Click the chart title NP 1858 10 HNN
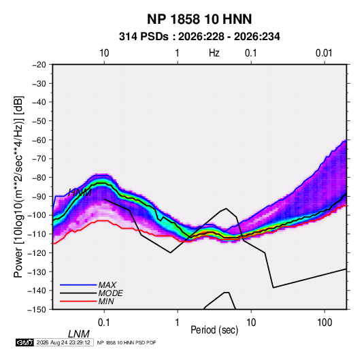tap(199, 19)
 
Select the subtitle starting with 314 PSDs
tap(199, 37)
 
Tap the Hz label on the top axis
tap(214, 53)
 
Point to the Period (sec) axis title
tap(214, 329)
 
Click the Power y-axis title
tap(18, 186)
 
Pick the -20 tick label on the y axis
tap(39, 65)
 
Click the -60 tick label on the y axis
tap(39, 140)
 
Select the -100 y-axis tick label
tap(37, 215)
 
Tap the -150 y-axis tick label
tap(37, 310)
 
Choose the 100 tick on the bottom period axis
tap(325, 323)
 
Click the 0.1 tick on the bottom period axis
tap(104, 323)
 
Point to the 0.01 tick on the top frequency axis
tap(324, 53)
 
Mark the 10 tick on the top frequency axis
tap(104, 53)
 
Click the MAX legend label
tap(107, 284)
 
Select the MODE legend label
tap(110, 293)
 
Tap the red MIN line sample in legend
tap(78, 301)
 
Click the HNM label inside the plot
tap(80, 193)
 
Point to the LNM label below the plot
tap(79, 334)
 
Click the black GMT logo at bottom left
tap(25, 342)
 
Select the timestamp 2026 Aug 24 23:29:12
tap(63, 342)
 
